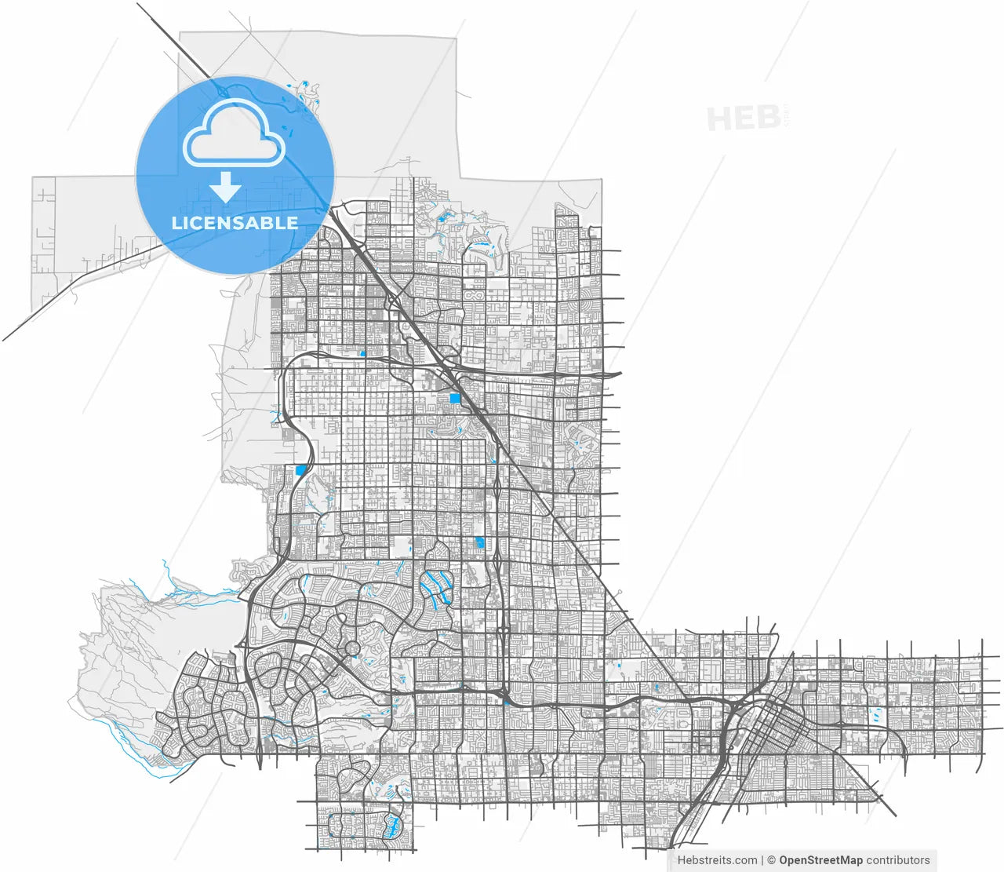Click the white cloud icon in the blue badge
pos(234,133)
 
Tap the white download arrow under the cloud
pos(225,188)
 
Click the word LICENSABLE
pos(235,223)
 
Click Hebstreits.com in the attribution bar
pos(718,860)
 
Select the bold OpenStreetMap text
pos(820,860)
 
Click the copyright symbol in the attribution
pos(771,860)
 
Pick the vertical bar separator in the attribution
pos(762,860)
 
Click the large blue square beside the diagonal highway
pos(455,398)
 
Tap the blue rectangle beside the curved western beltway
pos(300,470)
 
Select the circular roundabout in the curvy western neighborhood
pos(352,648)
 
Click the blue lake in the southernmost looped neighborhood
pos(392,823)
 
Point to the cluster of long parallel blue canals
pos(436,586)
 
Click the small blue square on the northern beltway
pos(362,353)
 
